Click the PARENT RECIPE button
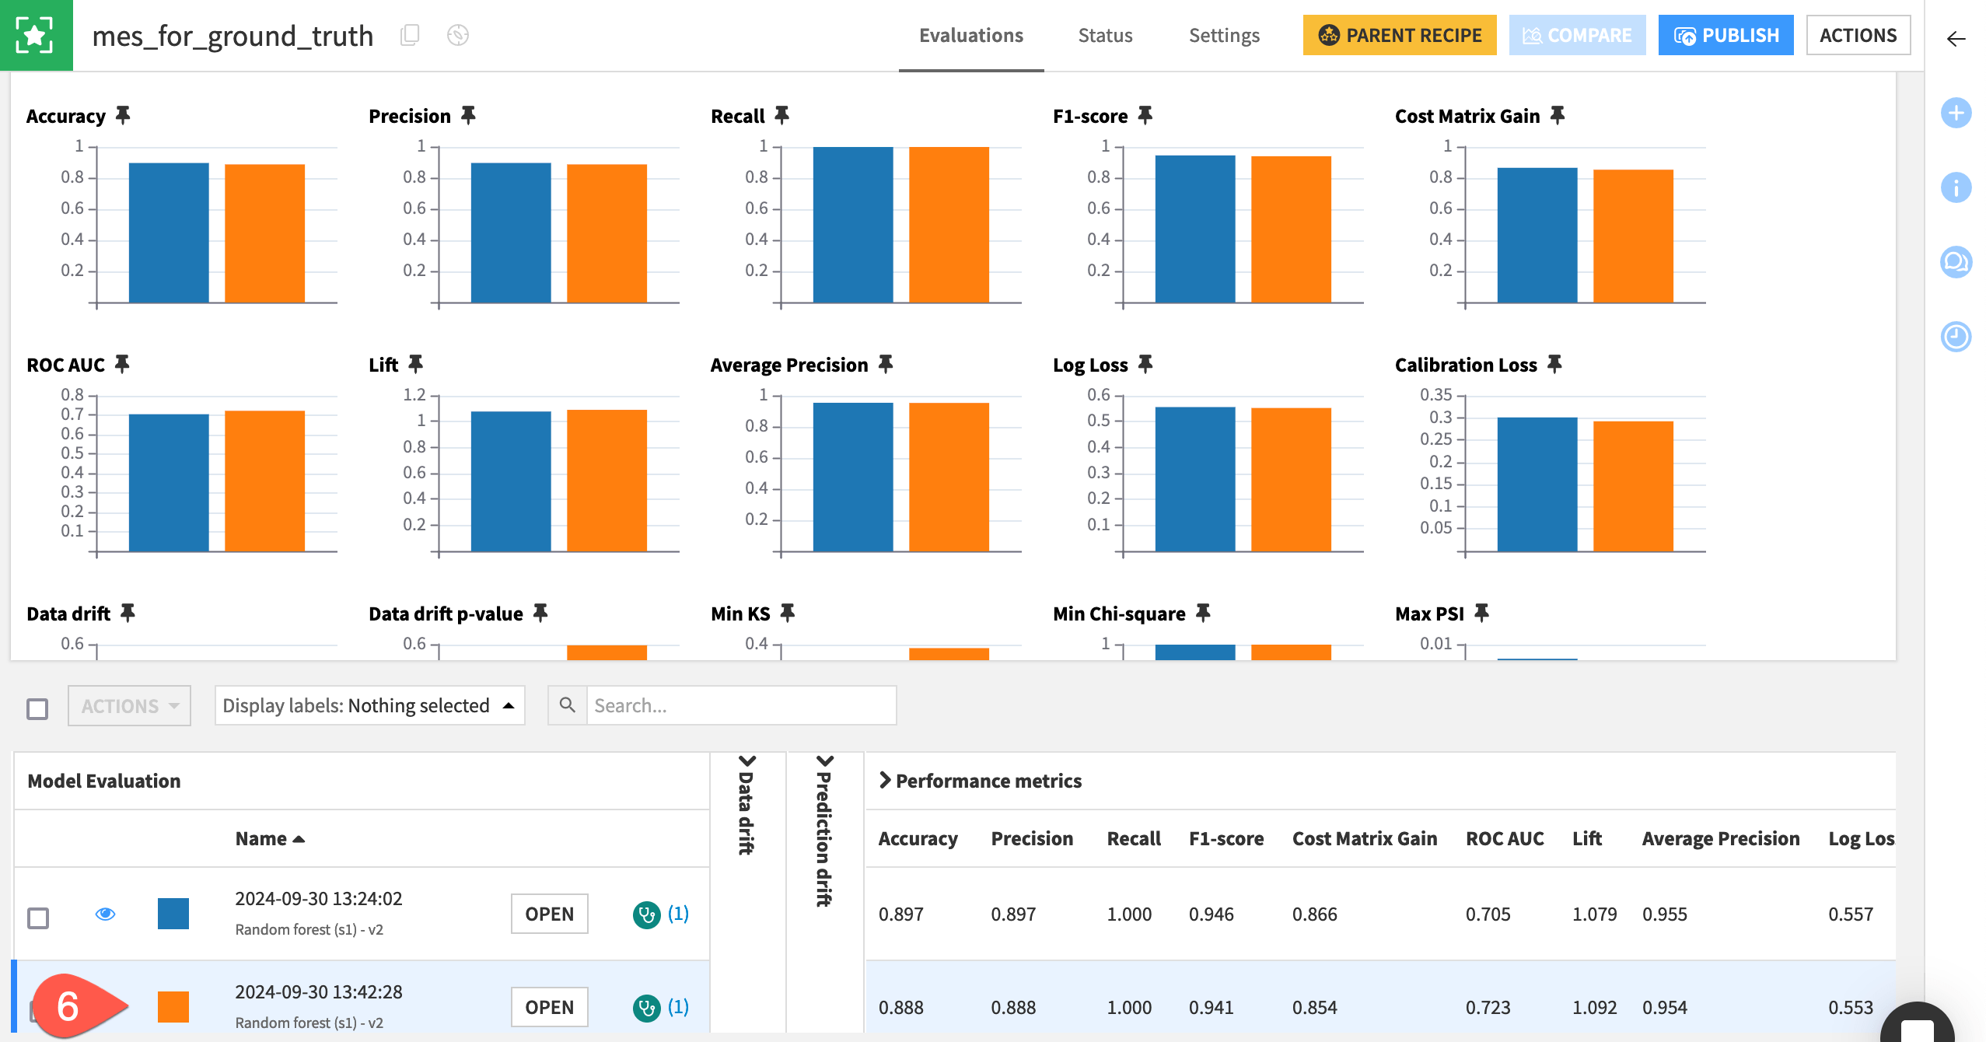click(1399, 35)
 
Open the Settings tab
click(1223, 36)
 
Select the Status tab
click(1104, 36)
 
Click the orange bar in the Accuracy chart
click(264, 233)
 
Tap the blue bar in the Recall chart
click(852, 225)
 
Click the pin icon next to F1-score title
click(1145, 116)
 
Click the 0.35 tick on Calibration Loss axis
click(1435, 395)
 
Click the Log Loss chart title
click(1089, 365)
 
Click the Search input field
click(740, 705)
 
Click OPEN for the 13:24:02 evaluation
click(549, 914)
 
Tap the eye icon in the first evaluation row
click(105, 914)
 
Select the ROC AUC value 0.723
click(1488, 1007)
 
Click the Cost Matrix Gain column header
click(1364, 838)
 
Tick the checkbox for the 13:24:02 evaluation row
click(38, 918)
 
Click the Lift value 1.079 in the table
click(1594, 914)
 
